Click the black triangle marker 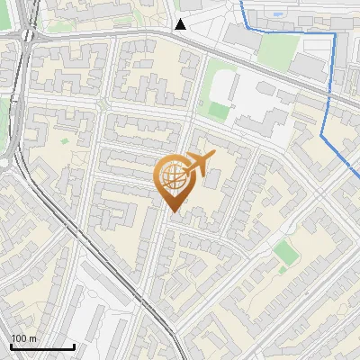(x=181, y=24)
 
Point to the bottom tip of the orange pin (x=173, y=212)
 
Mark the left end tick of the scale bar (x=12, y=346)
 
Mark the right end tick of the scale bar (x=74, y=346)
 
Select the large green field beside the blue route (x=277, y=49)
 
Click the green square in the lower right (x=285, y=251)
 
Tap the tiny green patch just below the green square (x=286, y=267)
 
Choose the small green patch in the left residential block (x=63, y=140)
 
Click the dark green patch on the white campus (x=219, y=110)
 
